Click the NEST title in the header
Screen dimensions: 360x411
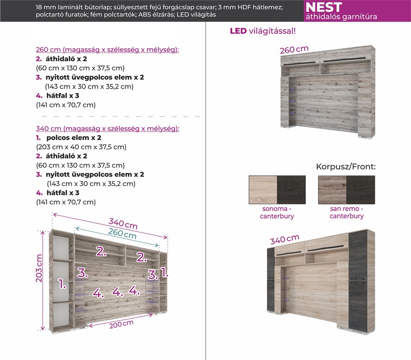323,7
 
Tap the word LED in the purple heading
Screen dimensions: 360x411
238,31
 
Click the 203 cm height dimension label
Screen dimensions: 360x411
40,269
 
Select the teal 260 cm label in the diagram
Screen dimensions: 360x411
123,235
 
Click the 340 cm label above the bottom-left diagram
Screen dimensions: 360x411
123,224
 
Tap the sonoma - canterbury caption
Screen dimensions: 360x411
277,212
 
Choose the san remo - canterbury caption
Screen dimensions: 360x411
347,212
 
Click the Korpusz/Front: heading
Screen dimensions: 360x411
346,167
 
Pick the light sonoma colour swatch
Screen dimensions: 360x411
263,189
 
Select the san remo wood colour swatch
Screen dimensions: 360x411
332,189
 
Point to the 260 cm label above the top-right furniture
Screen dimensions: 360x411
294,50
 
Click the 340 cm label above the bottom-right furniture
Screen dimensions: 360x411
285,239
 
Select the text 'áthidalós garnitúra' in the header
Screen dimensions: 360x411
341,17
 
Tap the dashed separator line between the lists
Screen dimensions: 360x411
120,116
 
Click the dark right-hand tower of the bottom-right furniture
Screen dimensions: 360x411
358,278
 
